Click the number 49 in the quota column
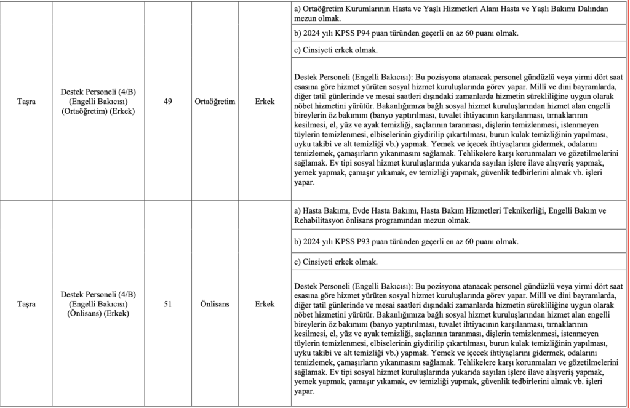point(168,102)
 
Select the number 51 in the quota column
point(168,304)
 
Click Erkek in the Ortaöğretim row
point(265,102)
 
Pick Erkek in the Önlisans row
point(265,304)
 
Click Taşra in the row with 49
point(26,102)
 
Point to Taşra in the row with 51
point(26,304)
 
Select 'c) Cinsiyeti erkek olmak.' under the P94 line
point(336,50)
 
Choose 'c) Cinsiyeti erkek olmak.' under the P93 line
point(336,262)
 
